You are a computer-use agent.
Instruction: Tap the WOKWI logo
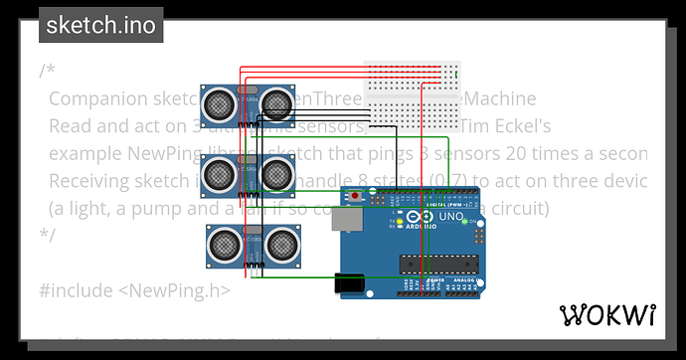608,315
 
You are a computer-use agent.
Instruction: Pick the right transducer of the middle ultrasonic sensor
277,174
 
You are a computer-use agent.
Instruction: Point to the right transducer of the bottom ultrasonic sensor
282,242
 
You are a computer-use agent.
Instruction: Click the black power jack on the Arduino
350,283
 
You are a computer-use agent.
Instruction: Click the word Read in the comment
69,126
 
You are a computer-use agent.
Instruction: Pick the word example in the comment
85,154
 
